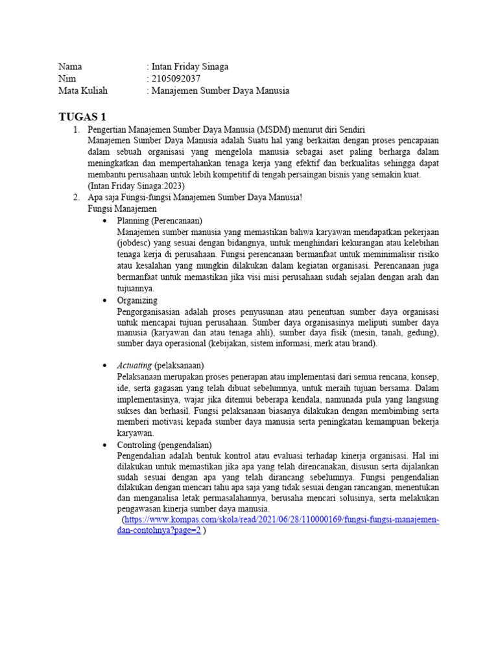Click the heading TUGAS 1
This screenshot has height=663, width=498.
point(82,117)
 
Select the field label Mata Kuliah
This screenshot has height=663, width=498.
point(83,91)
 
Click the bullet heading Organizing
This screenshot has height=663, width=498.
point(137,301)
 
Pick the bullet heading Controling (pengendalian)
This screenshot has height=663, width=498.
point(164,445)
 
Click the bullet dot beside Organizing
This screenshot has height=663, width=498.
point(105,302)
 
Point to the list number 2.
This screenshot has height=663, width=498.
point(76,197)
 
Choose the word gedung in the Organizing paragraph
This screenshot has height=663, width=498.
point(422,333)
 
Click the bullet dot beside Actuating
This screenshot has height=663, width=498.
point(105,366)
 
